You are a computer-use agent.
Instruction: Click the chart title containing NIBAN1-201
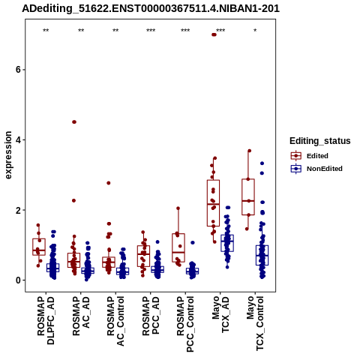click(151, 9)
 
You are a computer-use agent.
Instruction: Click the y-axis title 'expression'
click(8, 155)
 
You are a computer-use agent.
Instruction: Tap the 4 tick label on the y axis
click(18, 139)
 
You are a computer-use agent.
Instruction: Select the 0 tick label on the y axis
click(18, 280)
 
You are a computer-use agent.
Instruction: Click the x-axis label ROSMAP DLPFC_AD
click(46, 320)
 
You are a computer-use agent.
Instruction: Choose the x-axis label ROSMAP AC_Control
click(115, 321)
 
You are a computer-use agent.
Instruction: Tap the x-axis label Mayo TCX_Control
click(255, 324)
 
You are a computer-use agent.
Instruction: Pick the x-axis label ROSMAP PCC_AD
click(151, 316)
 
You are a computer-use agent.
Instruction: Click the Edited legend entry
click(310, 156)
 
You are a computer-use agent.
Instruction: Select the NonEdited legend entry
click(316, 169)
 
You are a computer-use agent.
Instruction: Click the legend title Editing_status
click(320, 141)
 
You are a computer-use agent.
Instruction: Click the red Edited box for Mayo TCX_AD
click(213, 203)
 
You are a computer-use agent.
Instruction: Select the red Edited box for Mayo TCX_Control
click(248, 197)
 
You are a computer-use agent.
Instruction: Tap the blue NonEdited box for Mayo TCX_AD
click(227, 243)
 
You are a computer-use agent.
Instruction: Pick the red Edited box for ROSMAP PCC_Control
click(178, 247)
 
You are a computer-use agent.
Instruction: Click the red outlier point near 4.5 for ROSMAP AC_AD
click(74, 122)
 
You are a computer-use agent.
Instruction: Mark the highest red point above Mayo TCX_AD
click(214, 34)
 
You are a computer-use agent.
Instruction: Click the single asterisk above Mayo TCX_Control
click(255, 31)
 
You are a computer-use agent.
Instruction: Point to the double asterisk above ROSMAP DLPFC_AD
click(46, 31)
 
